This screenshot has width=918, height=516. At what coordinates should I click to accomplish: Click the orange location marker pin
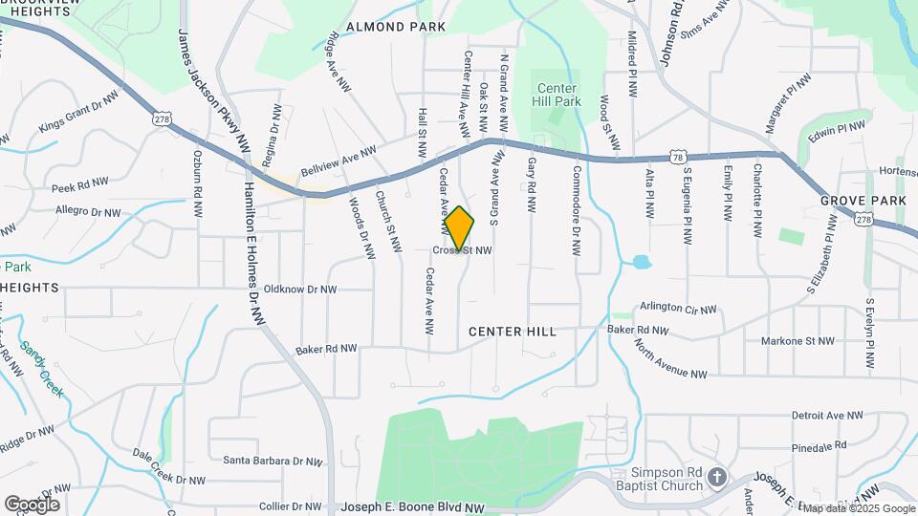tap(459, 227)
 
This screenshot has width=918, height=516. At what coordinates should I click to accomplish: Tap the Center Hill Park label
tap(557, 94)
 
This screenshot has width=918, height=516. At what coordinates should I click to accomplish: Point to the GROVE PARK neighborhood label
tap(863, 201)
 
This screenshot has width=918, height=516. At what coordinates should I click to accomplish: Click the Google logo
tap(32, 504)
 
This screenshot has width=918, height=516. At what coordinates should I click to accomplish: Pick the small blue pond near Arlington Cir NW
tap(641, 261)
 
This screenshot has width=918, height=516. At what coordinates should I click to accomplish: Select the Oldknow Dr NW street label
tap(300, 289)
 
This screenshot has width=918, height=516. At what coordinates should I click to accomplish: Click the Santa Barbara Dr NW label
tap(273, 461)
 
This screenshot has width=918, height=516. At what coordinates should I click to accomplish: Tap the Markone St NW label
tap(798, 341)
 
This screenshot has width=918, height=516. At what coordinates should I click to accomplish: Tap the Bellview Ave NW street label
tap(339, 160)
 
